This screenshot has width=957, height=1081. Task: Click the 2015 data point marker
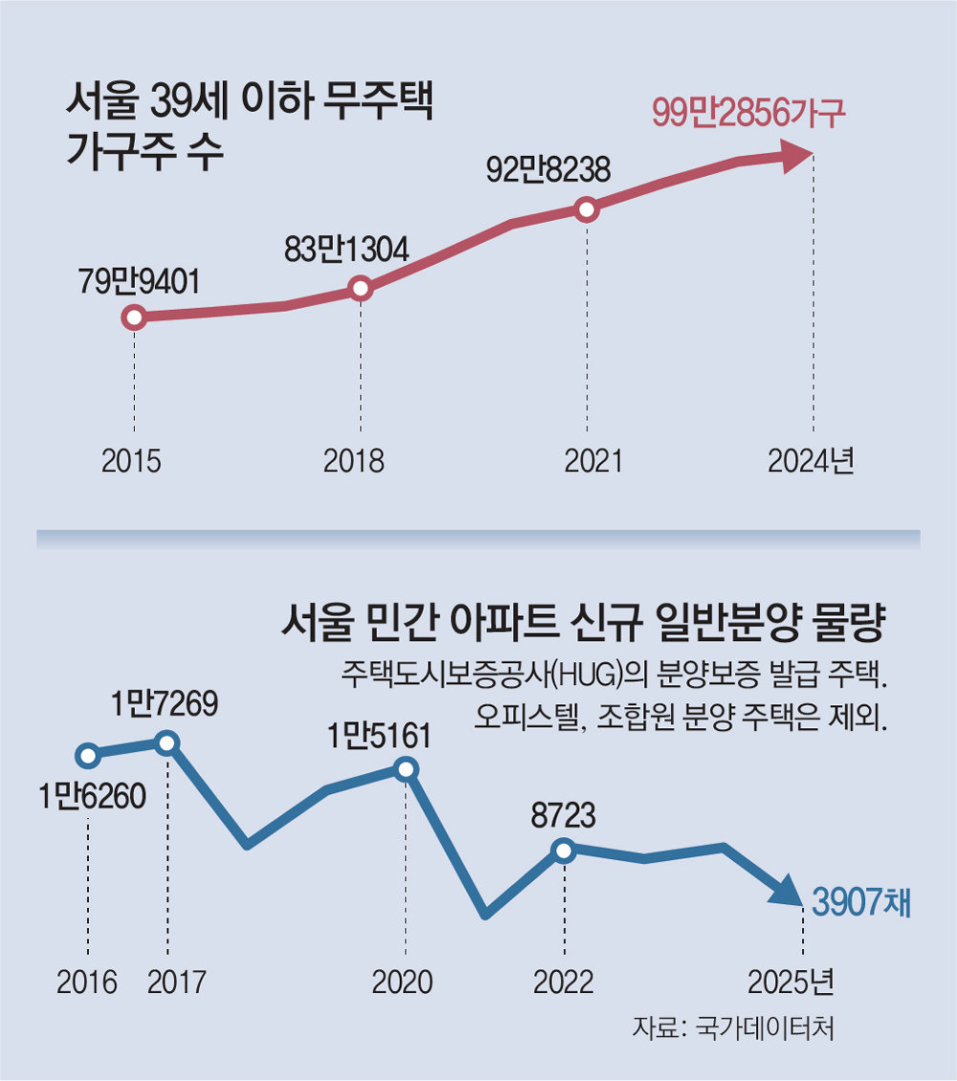pyautogui.click(x=135, y=318)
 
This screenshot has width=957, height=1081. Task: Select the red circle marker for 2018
pyautogui.click(x=360, y=288)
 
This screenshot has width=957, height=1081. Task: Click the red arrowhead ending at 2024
pyautogui.click(x=796, y=157)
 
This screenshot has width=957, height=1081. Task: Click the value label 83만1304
pyautogui.click(x=346, y=250)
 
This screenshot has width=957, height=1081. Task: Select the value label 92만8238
pyautogui.click(x=548, y=170)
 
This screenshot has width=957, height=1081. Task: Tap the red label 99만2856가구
pyautogui.click(x=749, y=114)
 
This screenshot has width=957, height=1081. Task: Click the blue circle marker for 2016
pyautogui.click(x=88, y=756)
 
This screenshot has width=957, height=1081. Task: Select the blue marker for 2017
pyautogui.click(x=167, y=742)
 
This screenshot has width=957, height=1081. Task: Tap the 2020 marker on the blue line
pyautogui.click(x=406, y=768)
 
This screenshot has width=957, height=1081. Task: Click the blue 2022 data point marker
pyautogui.click(x=564, y=849)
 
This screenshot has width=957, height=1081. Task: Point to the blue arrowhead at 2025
pyautogui.click(x=788, y=893)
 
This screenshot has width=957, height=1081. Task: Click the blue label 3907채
pyautogui.click(x=860, y=901)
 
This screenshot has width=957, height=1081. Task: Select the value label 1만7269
pyautogui.click(x=164, y=706)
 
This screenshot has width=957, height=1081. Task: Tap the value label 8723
pyautogui.click(x=564, y=816)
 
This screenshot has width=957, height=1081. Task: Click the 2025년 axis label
pyautogui.click(x=790, y=982)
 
